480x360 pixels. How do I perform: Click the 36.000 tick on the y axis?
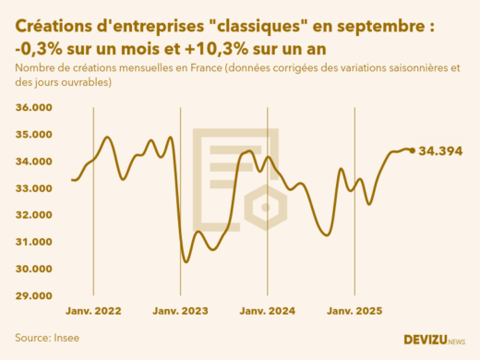(34, 108)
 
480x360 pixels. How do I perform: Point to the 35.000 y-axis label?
(34, 135)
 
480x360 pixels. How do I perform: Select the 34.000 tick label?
(34, 162)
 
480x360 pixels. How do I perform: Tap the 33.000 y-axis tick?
(34, 188)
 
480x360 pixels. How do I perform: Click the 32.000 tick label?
(34, 215)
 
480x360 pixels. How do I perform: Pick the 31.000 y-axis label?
(34, 242)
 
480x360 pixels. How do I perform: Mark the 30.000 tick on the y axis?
(34, 269)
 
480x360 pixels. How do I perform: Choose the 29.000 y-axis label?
(34, 295)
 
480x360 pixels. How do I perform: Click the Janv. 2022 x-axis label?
(94, 311)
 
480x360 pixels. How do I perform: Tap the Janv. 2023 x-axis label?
(180, 311)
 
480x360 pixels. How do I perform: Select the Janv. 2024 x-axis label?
(267, 311)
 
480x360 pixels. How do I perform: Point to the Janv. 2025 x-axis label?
(354, 311)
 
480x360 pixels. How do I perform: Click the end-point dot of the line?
(412, 150)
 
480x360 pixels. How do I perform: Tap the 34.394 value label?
(440, 150)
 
